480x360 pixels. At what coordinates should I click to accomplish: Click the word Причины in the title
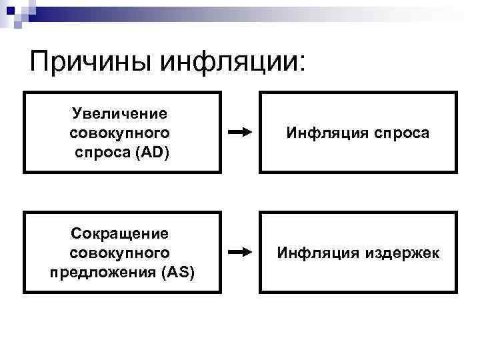[91, 63]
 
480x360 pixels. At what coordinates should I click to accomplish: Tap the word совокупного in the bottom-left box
[120, 253]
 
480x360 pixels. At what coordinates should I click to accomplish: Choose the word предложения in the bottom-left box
[91, 273]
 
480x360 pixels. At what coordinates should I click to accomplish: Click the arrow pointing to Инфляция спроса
[239, 132]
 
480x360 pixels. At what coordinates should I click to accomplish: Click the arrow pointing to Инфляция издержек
[239, 252]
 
